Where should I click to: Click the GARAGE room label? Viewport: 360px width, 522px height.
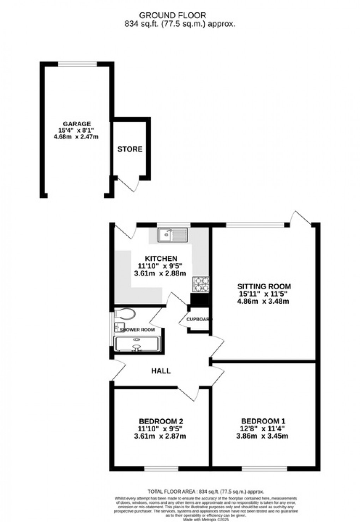point(77,124)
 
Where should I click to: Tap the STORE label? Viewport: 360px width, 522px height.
point(130,149)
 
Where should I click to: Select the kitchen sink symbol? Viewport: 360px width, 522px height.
point(173,235)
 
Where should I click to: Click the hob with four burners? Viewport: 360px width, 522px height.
point(200,284)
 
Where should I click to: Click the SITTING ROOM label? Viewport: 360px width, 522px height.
point(264,286)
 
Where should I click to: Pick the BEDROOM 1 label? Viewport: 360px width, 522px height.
point(263,421)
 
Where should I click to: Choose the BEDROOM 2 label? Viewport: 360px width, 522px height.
point(161,421)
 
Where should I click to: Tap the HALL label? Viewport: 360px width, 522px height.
point(161,371)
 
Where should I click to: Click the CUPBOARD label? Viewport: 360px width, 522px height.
point(199,320)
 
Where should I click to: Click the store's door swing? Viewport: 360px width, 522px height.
point(127,184)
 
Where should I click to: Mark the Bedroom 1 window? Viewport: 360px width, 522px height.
point(264,469)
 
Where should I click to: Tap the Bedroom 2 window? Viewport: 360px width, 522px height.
point(161,469)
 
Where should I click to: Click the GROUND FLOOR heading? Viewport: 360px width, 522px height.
point(173,15)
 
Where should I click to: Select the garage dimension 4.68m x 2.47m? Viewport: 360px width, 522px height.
point(76,136)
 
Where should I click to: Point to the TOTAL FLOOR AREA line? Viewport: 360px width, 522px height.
point(206,491)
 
